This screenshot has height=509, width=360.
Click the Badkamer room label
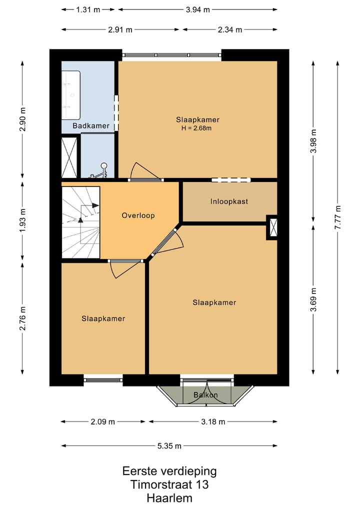[91, 125]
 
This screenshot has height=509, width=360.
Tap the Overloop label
[138, 215]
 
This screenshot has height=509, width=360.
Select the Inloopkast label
[229, 201]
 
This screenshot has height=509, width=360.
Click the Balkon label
[205, 394]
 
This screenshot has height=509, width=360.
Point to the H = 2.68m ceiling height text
[196, 128]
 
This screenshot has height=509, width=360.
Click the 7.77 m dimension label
[338, 217]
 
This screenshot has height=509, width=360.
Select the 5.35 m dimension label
[169, 446]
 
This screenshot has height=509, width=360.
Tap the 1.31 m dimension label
[88, 9]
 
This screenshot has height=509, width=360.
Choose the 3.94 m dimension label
[197, 9]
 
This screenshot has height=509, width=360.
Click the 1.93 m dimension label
[22, 220]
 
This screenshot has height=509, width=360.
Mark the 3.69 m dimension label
[313, 299]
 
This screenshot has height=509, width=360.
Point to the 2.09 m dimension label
[102, 421]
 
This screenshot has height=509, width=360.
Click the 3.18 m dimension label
[213, 421]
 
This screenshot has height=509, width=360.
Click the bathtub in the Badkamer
[71, 95]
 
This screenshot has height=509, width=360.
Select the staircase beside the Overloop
[80, 222]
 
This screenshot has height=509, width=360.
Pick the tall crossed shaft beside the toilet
[69, 157]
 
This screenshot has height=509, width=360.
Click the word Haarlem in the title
[169, 498]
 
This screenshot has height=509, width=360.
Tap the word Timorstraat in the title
[161, 484]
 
